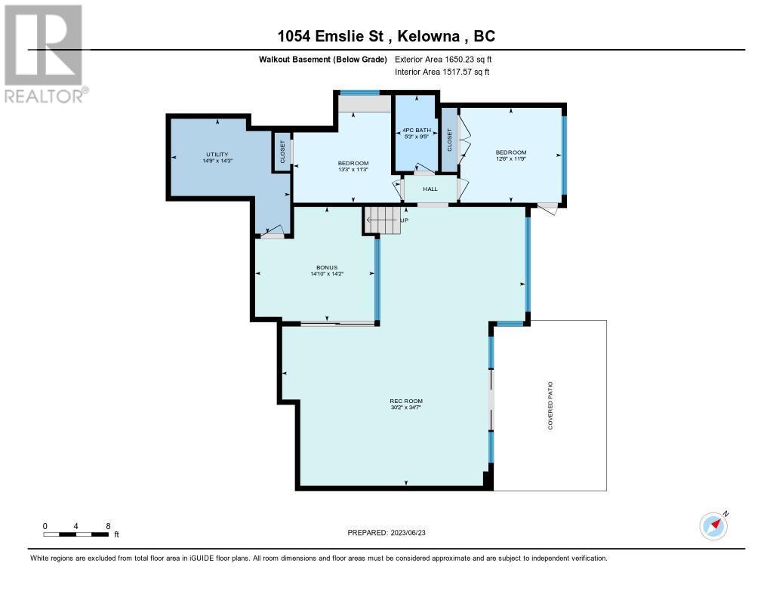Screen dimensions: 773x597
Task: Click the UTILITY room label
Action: click(x=217, y=154)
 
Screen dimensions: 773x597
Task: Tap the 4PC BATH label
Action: click(x=417, y=130)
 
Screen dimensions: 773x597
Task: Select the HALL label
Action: click(x=430, y=189)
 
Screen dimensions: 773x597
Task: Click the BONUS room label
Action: click(x=327, y=268)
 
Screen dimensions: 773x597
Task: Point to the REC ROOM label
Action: click(x=406, y=402)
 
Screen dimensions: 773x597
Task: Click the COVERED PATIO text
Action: click(x=550, y=405)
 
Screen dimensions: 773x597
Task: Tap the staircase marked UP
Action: click(x=382, y=220)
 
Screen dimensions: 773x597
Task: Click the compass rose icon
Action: click(x=714, y=525)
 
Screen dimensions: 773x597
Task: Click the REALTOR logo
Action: click(x=45, y=54)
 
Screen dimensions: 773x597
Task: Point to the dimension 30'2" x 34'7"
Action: click(x=406, y=408)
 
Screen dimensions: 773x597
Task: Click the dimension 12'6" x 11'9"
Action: click(x=511, y=158)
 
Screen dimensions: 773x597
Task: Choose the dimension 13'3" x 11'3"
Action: click(x=353, y=170)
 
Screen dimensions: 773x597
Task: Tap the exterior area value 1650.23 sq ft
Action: click(x=468, y=60)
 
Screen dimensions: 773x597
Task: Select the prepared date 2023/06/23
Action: click(x=408, y=533)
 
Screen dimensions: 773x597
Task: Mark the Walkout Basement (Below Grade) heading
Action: click(x=323, y=60)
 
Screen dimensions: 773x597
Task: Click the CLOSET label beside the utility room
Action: click(x=282, y=152)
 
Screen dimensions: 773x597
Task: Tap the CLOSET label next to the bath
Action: click(x=449, y=140)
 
